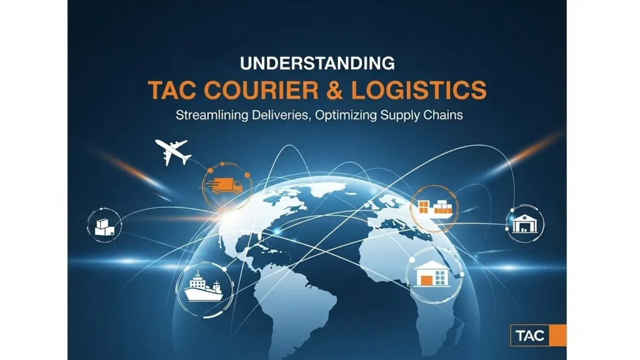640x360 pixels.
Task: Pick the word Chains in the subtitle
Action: pyautogui.click(x=441, y=115)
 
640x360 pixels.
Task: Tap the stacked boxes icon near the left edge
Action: pyautogui.click(x=104, y=226)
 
